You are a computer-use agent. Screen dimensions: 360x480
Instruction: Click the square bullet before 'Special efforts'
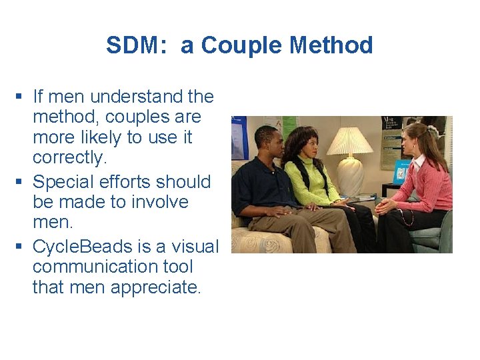23,182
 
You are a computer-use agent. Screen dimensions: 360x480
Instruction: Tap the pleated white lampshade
349,141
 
